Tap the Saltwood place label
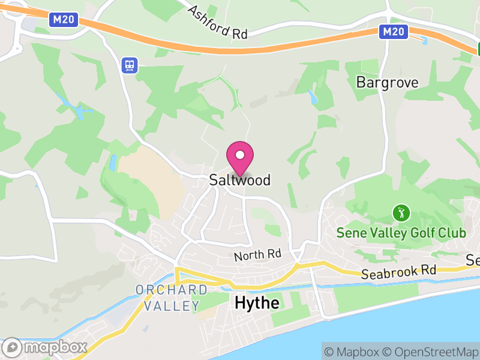pos(240,180)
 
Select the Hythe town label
pos(257,303)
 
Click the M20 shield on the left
pos(64,19)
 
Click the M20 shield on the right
pos(394,32)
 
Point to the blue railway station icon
pos(129,65)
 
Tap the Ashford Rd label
pos(217,22)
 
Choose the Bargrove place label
pos(387,82)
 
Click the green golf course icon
pos(401,212)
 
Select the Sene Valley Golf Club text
pos(401,232)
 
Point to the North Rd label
pos(257,255)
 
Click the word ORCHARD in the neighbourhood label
pos(172,290)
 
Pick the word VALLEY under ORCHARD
pos(172,305)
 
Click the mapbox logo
pos(46,347)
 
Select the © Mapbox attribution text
pos(352,352)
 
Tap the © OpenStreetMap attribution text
pos(430,352)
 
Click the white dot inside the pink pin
pos(240,155)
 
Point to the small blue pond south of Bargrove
pos(311,96)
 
